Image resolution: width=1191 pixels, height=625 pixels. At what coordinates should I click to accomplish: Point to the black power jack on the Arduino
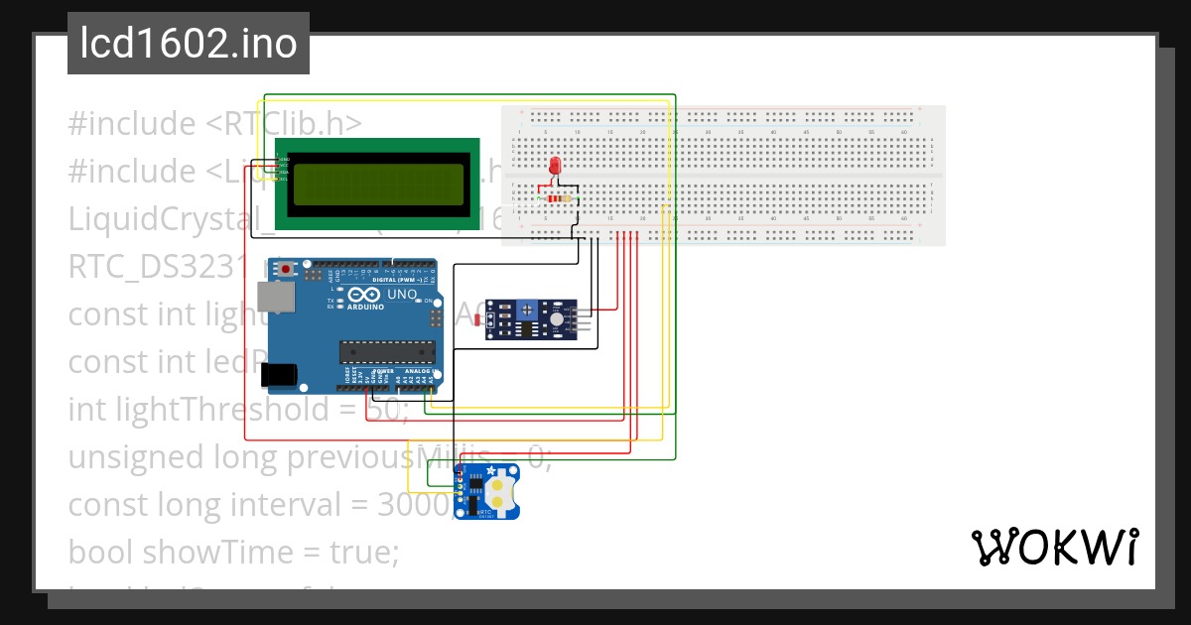pyautogui.click(x=279, y=375)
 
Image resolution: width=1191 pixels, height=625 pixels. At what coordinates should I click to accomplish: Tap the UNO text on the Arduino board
pyautogui.click(x=401, y=295)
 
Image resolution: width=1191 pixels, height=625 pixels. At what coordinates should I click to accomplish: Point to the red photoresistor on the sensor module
pyautogui.click(x=480, y=319)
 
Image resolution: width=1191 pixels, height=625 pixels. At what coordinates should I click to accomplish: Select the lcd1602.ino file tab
pyautogui.click(x=189, y=44)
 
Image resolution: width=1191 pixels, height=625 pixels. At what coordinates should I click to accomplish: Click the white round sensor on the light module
pyautogui.click(x=557, y=316)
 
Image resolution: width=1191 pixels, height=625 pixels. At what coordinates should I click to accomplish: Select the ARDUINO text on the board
pyautogui.click(x=365, y=307)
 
